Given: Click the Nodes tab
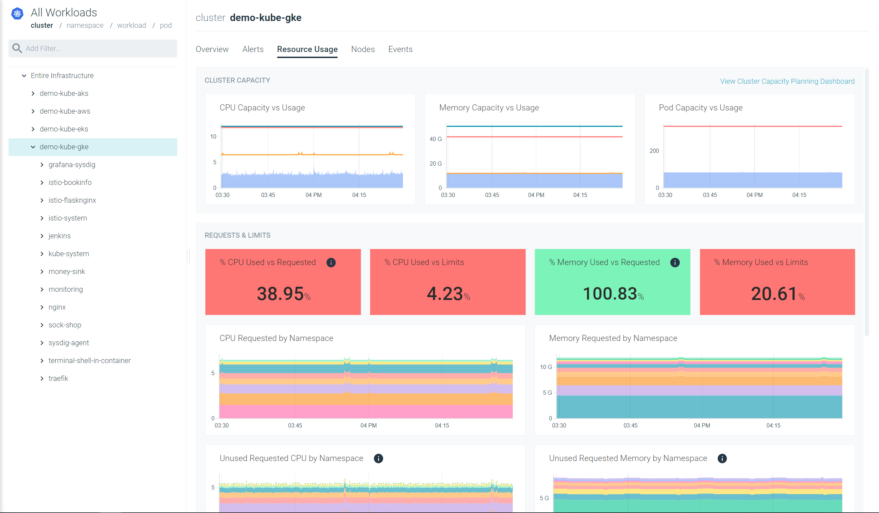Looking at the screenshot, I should [x=363, y=49].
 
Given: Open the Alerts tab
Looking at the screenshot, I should [x=253, y=49].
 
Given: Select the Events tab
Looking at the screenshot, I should [x=400, y=49].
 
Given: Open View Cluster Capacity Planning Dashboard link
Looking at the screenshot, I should [x=787, y=81].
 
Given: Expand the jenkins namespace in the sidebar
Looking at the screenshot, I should [x=42, y=236].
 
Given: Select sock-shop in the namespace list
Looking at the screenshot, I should [x=65, y=325].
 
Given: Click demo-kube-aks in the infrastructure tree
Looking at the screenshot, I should [x=64, y=93].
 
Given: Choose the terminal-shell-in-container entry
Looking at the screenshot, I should [x=90, y=361].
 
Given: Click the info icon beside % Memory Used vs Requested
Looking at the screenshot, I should [x=675, y=263].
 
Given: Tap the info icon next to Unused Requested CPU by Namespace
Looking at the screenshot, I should [x=378, y=458].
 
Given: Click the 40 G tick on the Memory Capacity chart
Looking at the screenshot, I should [x=435, y=139].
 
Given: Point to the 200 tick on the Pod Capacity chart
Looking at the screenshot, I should [x=654, y=151].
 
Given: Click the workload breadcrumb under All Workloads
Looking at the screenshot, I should [x=132, y=25].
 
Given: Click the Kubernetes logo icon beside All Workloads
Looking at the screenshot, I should [x=17, y=14].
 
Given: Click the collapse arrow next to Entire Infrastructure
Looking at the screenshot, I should [x=24, y=76].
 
